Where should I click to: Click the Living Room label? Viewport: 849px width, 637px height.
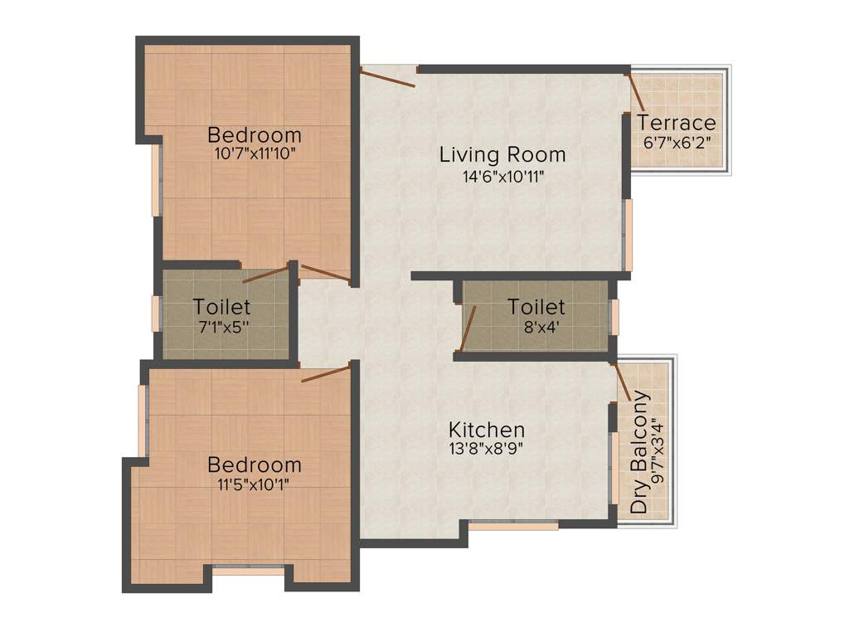(502, 154)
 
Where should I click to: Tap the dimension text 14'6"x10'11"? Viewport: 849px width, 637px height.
(502, 176)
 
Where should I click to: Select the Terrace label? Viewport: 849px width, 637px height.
(676, 124)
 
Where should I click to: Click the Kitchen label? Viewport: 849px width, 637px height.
(487, 430)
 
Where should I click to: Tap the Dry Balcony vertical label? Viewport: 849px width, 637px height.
(639, 452)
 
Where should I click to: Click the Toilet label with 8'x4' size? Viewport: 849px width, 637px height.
(536, 308)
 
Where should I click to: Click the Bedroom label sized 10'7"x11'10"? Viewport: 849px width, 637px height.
(255, 134)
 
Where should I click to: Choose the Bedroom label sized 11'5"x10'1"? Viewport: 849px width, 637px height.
(255, 464)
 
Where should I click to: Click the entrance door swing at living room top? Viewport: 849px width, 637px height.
(387, 78)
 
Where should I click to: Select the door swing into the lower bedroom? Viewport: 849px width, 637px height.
(326, 373)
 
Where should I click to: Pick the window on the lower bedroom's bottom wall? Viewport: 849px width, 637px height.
(249, 570)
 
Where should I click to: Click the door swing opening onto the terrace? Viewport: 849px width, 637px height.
(636, 90)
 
